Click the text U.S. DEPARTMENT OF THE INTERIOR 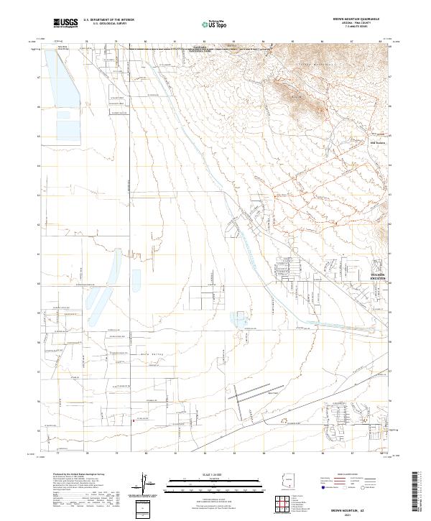109,19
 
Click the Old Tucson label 378,142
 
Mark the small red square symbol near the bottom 132,422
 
